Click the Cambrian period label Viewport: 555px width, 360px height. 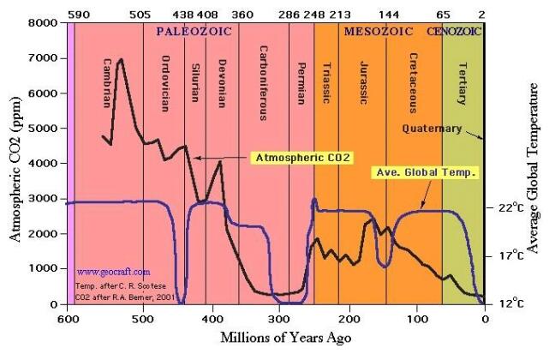coord(108,76)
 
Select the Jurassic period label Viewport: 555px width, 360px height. coord(365,82)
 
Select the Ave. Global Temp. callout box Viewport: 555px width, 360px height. coord(426,171)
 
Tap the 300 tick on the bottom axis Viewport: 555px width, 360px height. coord(276,319)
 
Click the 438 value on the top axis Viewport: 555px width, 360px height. coord(184,14)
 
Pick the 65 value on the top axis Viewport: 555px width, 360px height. coord(443,14)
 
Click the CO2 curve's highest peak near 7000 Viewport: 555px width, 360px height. coord(121,60)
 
